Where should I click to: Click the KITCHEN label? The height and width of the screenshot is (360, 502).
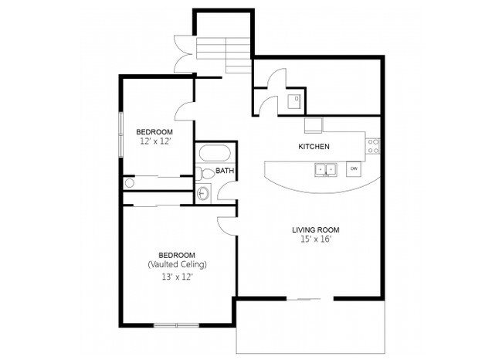pos(314,146)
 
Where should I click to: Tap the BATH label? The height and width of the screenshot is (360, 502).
pos(224,171)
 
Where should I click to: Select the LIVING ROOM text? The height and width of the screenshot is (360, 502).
pos(316,229)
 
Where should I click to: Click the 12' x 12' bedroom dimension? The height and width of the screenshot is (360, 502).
pos(154,141)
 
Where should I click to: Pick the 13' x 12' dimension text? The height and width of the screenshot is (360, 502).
pos(176,276)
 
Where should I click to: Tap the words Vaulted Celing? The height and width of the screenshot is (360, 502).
pos(176,265)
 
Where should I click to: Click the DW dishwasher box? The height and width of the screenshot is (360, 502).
pos(354,168)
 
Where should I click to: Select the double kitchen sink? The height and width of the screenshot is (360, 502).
pos(325,168)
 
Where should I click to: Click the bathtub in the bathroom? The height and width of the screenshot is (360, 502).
pos(209,151)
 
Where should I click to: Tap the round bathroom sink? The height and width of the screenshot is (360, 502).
pos(203,193)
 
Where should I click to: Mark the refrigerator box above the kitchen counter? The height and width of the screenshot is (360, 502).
pos(313,125)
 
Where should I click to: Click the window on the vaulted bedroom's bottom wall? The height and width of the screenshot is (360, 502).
pos(176,324)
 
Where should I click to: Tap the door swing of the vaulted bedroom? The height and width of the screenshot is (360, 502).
pos(226,226)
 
